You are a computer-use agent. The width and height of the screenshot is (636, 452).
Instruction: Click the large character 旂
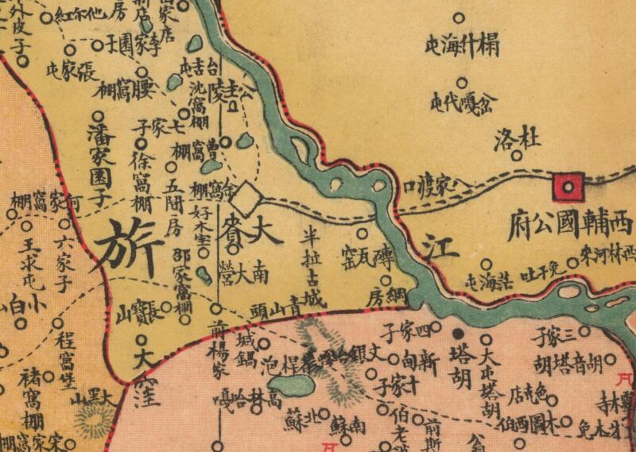pos(125,247)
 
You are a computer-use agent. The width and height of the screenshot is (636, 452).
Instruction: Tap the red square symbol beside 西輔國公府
pos(568,187)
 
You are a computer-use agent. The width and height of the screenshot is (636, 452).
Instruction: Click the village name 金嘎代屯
pos(464,101)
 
